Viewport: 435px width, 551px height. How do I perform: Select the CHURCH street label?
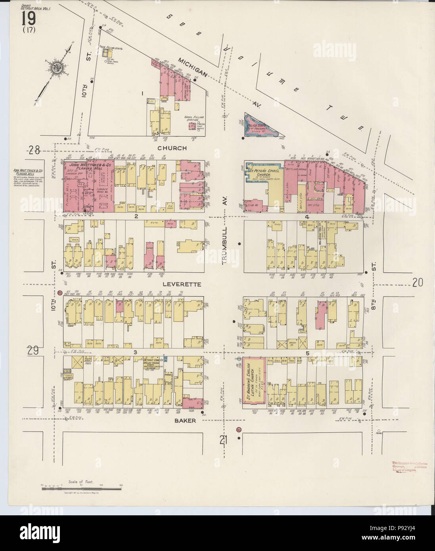172,148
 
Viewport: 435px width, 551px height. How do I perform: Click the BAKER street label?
185,420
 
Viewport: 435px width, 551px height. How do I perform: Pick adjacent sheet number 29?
33,350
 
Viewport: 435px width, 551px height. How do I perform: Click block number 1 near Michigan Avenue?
142,94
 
